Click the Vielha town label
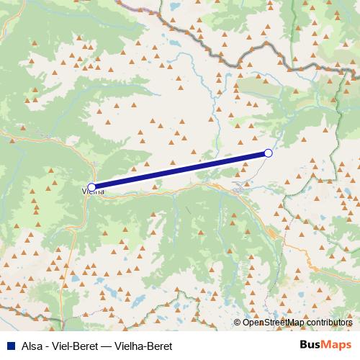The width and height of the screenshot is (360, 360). (x=94, y=192)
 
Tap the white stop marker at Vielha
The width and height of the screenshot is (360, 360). (x=91, y=187)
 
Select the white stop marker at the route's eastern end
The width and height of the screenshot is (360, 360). (x=269, y=153)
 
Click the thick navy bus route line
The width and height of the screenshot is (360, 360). (x=180, y=170)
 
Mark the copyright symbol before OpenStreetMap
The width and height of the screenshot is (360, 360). (x=238, y=323)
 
